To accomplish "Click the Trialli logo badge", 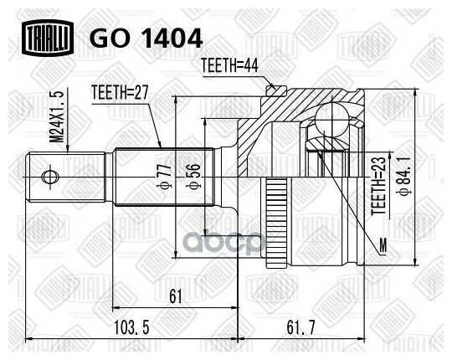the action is point(48,38).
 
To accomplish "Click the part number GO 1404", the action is point(146,38).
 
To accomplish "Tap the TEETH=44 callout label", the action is point(229,65).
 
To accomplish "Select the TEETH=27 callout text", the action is point(120,92).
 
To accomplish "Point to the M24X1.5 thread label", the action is point(57,116).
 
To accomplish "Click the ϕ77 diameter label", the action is point(165,177).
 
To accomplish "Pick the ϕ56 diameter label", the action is point(193,177).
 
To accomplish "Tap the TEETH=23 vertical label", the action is point(378,186).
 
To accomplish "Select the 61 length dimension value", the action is point(176,296).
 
